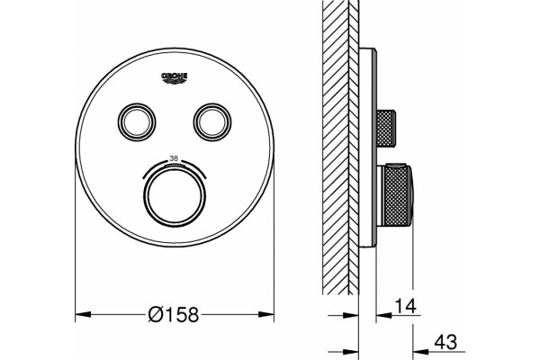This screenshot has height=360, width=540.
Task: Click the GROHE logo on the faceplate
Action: coord(175,78)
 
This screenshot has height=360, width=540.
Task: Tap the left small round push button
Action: coord(137,122)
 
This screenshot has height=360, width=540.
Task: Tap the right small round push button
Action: coord(212,122)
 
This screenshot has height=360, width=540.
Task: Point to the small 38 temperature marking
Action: coord(175,158)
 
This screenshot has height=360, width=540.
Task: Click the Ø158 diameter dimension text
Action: coord(174,314)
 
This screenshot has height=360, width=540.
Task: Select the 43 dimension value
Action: coord(445,342)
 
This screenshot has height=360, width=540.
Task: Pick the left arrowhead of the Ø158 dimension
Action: coord(83,314)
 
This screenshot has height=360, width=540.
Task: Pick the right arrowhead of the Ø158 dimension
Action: coord(266,314)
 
